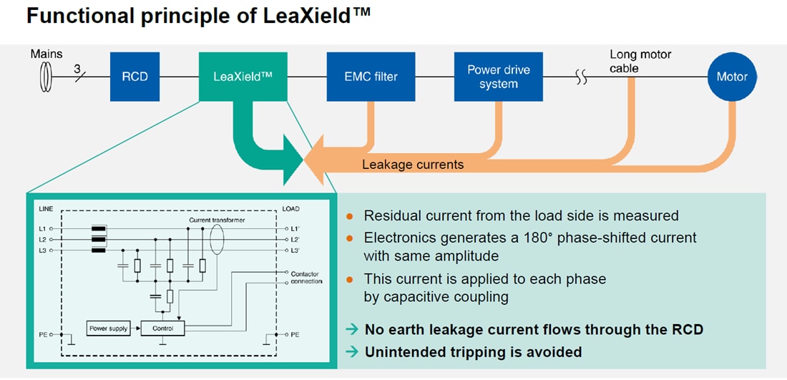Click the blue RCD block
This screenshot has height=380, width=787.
tap(135, 76)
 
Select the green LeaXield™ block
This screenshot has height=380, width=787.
tap(243, 76)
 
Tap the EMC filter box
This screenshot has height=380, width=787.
tap(371, 76)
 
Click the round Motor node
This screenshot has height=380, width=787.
tap(732, 77)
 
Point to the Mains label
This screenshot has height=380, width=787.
tap(47, 54)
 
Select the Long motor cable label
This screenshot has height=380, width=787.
tap(640, 61)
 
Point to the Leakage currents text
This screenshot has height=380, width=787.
tap(413, 165)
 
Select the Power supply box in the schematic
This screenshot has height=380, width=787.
tap(108, 328)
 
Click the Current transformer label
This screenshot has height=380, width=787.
tap(217, 220)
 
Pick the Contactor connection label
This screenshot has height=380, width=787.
tap(306, 278)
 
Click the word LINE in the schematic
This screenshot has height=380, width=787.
tap(44, 209)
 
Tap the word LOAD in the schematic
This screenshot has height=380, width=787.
tap(290, 209)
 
